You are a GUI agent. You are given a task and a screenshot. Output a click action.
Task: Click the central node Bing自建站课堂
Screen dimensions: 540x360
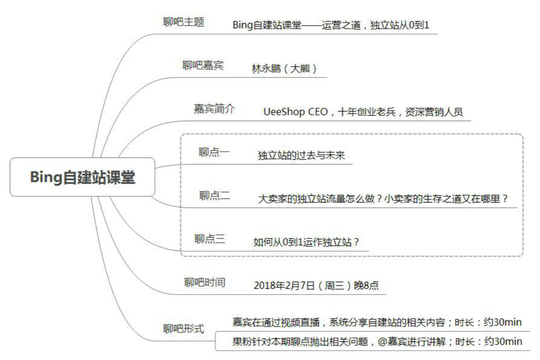tap(82, 177)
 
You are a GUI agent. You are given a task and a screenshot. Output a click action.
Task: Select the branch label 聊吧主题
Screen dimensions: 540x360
tap(184, 22)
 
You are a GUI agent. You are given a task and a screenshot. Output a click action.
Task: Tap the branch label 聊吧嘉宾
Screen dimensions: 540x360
tap(203, 65)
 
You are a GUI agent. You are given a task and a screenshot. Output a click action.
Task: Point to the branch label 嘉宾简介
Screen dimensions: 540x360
tap(214, 109)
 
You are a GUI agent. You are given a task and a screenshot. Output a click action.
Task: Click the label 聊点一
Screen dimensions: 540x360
tap(214, 152)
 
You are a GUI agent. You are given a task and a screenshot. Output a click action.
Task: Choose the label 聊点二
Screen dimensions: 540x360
tap(215, 195)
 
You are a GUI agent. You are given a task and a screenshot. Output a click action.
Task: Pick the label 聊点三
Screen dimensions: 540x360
tap(210, 239)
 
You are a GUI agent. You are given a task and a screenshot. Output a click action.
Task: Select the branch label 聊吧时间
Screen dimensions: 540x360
tap(204, 282)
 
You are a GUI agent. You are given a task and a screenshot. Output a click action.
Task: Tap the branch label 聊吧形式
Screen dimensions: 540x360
tap(184, 329)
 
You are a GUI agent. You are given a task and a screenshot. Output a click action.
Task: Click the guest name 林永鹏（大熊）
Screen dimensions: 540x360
tap(284, 69)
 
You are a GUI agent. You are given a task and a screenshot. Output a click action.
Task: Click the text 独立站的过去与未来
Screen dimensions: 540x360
tap(301, 155)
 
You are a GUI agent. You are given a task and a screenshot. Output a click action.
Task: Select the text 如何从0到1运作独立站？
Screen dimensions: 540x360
tap(306, 242)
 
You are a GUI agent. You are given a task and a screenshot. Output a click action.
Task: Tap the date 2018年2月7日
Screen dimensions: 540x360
tap(285, 285)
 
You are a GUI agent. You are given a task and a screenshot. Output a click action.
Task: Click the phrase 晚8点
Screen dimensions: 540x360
tap(366, 285)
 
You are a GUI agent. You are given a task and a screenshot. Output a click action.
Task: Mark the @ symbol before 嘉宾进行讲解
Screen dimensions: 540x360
tap(382, 341)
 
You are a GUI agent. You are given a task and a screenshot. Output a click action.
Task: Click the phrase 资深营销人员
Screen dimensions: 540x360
tap(434, 112)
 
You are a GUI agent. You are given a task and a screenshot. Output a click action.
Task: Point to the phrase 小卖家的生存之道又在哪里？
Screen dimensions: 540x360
tap(446, 199)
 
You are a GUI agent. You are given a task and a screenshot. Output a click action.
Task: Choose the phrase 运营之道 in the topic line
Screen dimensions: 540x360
tap(341, 25)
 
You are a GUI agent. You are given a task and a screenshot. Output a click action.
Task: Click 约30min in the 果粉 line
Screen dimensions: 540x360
tap(503, 341)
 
